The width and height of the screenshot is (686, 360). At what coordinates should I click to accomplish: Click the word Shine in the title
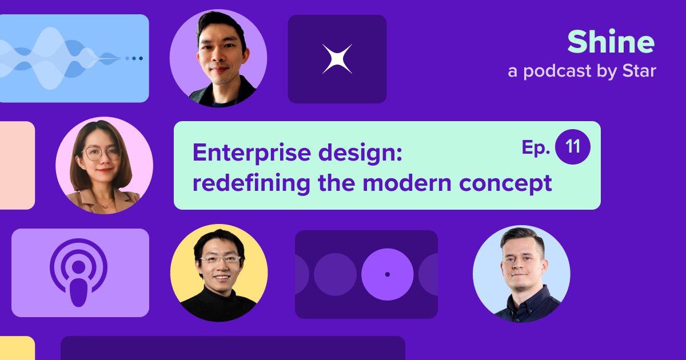click(611, 43)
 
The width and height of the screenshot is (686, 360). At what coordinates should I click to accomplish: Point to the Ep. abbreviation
click(536, 148)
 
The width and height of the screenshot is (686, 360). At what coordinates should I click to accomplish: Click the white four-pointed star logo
click(337, 59)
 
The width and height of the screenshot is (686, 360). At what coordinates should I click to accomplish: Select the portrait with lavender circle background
click(218, 58)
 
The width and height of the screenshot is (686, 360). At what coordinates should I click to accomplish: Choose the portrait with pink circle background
click(104, 166)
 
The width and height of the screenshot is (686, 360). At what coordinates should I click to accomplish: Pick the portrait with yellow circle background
click(219, 273)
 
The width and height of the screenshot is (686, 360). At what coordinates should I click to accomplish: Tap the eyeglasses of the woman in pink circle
click(103, 153)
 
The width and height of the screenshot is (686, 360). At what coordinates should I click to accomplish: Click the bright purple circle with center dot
click(387, 274)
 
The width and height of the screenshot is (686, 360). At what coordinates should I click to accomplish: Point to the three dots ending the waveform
click(134, 58)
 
